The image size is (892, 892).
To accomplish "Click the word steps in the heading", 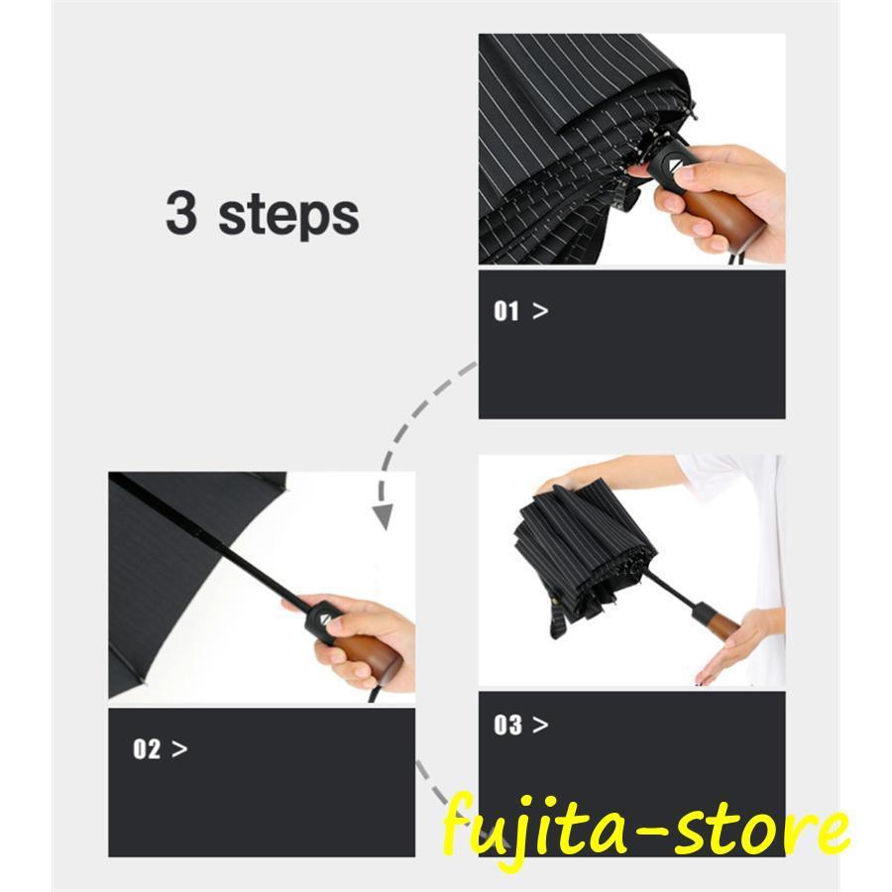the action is click(x=288, y=215).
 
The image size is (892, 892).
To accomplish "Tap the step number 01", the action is click(x=506, y=311).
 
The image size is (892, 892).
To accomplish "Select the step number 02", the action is click(x=147, y=749).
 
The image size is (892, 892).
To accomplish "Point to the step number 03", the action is click(x=507, y=725).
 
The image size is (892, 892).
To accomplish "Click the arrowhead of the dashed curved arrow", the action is click(x=383, y=516).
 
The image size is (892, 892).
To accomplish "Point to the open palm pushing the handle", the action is click(x=729, y=648).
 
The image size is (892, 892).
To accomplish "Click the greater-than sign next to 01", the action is click(x=540, y=311).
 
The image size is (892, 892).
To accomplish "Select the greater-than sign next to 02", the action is click(x=179, y=749).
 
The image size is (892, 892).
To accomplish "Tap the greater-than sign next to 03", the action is click(x=540, y=725).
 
